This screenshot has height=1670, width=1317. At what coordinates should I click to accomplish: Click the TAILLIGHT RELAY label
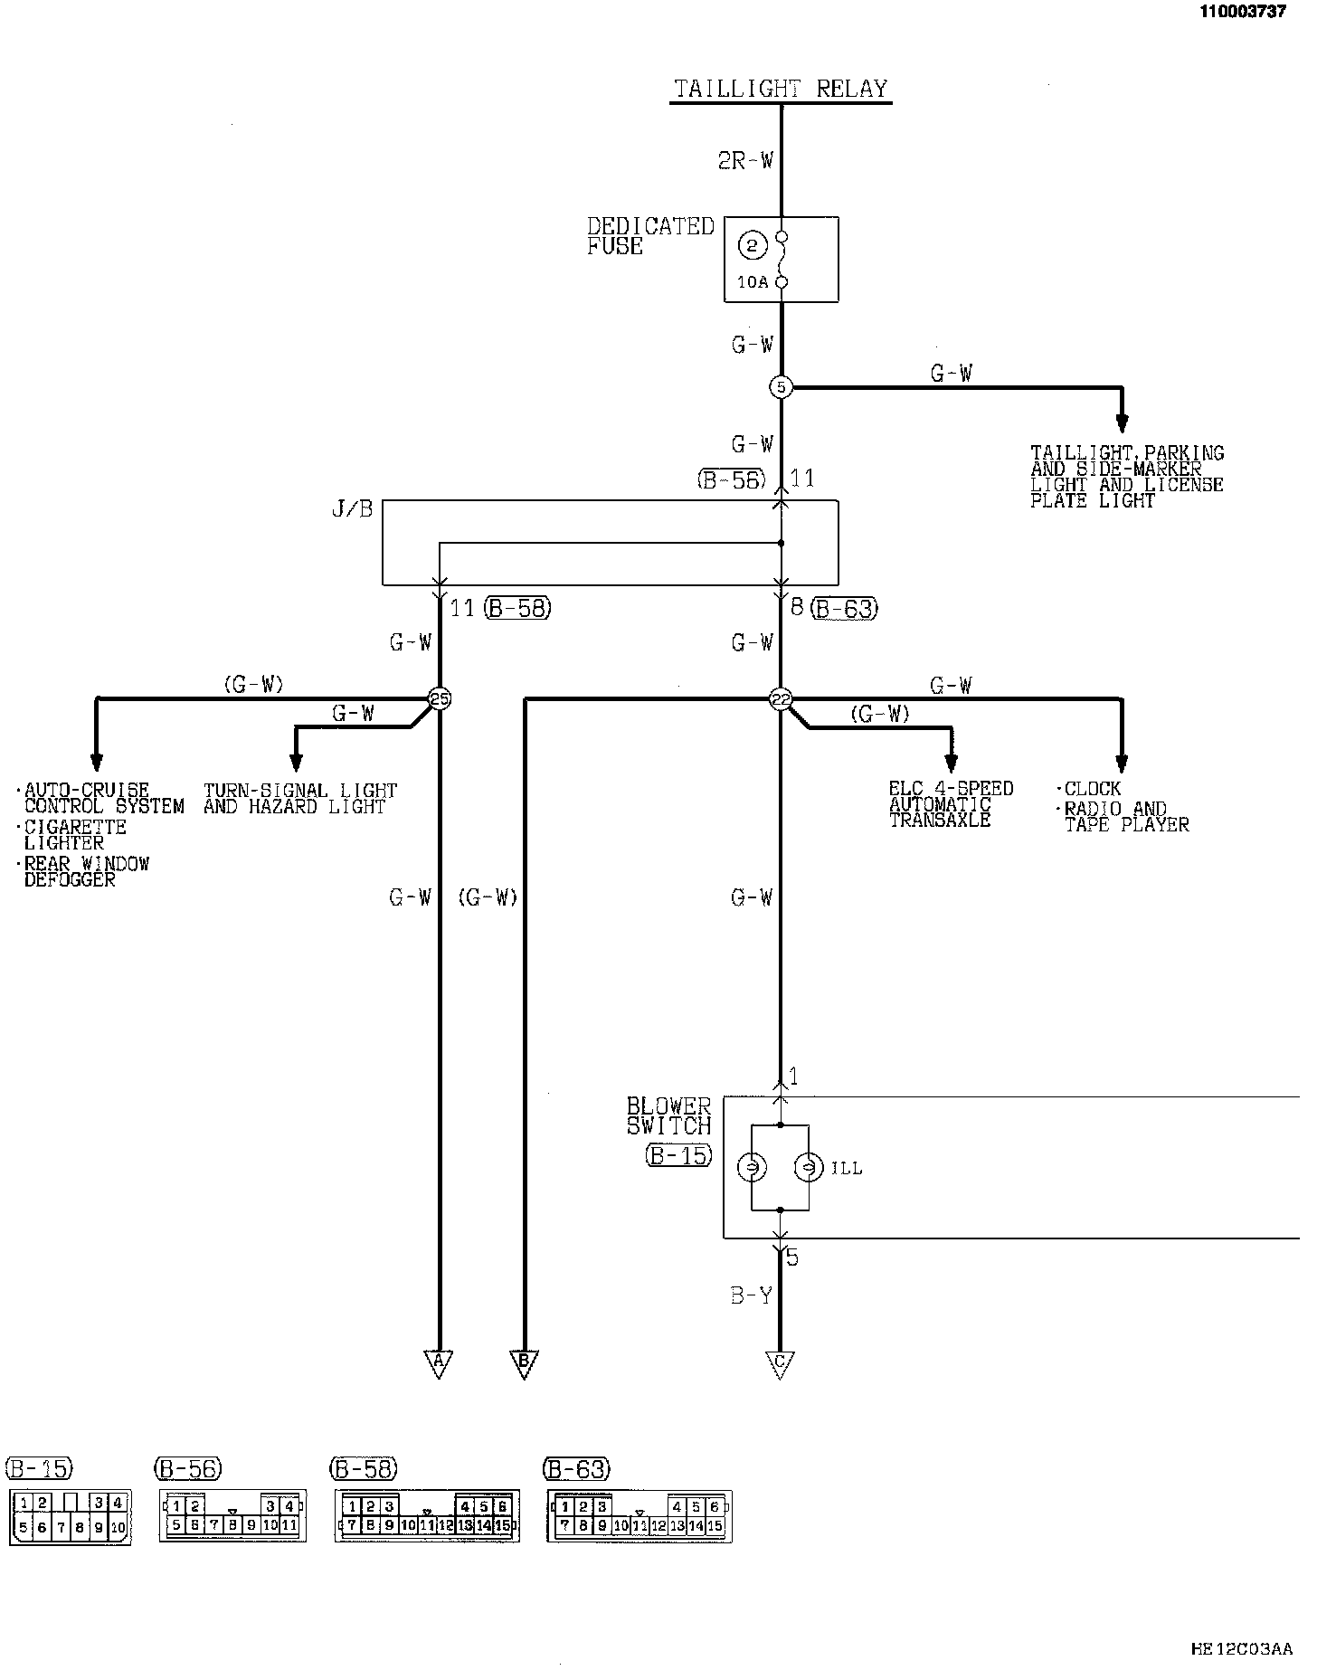click(781, 89)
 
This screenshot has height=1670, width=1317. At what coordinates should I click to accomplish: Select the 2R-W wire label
click(746, 161)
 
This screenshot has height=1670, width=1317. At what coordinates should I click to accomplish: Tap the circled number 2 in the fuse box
click(752, 245)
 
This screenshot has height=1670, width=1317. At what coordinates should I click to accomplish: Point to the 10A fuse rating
click(752, 282)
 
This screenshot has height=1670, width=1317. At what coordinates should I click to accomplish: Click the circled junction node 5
click(780, 387)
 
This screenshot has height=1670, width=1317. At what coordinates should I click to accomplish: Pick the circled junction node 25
click(440, 698)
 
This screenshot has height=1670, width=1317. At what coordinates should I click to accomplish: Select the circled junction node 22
click(780, 698)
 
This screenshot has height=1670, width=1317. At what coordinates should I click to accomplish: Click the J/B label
click(352, 509)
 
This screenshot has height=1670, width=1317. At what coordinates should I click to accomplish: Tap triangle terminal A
click(439, 1362)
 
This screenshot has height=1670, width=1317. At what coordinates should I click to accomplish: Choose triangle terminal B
click(524, 1362)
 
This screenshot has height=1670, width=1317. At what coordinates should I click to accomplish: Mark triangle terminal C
click(780, 1362)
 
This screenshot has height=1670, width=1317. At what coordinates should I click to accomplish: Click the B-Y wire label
click(752, 1296)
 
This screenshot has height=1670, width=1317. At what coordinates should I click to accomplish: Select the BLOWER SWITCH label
click(668, 1116)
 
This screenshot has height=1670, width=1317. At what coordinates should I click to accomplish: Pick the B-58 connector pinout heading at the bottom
click(365, 1468)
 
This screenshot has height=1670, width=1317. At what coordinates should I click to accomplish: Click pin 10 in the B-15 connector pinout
click(118, 1529)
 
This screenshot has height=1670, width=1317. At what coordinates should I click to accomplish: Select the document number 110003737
click(1242, 11)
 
